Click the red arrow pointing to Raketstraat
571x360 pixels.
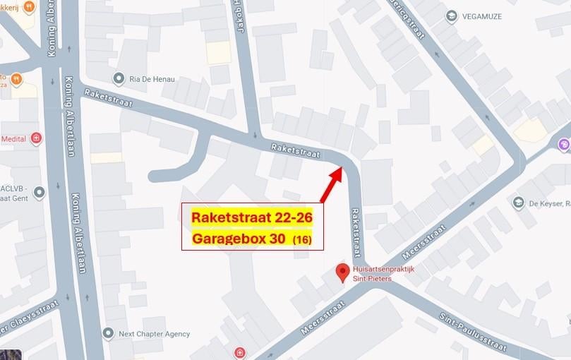pos(332,185)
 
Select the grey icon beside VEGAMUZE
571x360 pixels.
pos(451,16)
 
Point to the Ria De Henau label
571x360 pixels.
pos(152,78)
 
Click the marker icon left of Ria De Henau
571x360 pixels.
pos(118,78)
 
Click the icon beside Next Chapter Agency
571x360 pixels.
pos(108,333)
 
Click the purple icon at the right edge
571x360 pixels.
pos(564,145)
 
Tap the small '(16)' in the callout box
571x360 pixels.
pos(302,240)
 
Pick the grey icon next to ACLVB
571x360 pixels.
pos(39,191)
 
